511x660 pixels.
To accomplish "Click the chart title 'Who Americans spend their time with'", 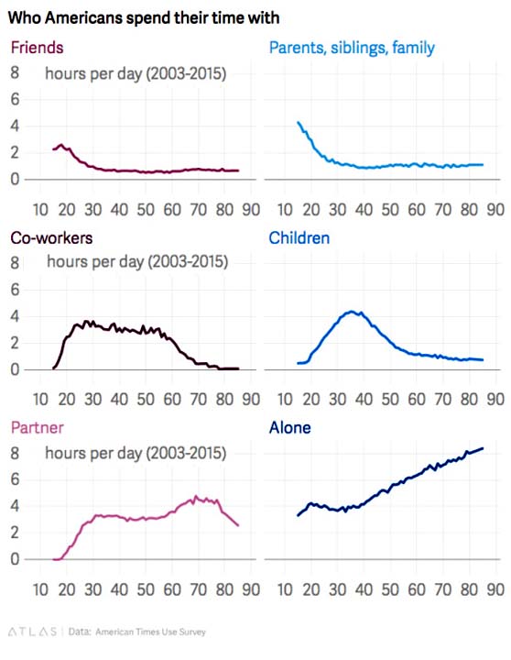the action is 144,18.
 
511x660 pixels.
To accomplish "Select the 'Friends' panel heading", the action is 37,48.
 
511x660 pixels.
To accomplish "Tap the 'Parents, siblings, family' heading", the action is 352,48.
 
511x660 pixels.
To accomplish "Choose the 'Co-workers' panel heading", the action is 51,237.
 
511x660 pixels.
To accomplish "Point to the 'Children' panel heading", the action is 299,237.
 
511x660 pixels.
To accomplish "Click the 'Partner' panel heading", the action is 37,428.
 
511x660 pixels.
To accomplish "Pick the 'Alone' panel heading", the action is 289,428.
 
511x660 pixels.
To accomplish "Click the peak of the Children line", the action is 352,312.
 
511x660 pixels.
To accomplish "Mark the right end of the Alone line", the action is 483,448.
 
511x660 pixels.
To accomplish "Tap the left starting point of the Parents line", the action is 299,123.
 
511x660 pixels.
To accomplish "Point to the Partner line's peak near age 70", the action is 196,496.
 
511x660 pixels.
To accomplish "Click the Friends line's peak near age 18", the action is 61,145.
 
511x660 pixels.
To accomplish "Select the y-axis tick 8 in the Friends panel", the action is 15,72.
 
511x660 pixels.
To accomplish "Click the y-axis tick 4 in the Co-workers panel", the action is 15,316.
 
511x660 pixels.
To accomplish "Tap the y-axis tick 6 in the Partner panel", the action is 15,479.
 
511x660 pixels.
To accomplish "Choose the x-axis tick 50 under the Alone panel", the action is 390,589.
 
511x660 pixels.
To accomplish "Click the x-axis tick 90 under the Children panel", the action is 495,399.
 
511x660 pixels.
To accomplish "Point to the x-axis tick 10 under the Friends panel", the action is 40,210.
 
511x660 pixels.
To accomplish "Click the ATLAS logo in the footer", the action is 32,632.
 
